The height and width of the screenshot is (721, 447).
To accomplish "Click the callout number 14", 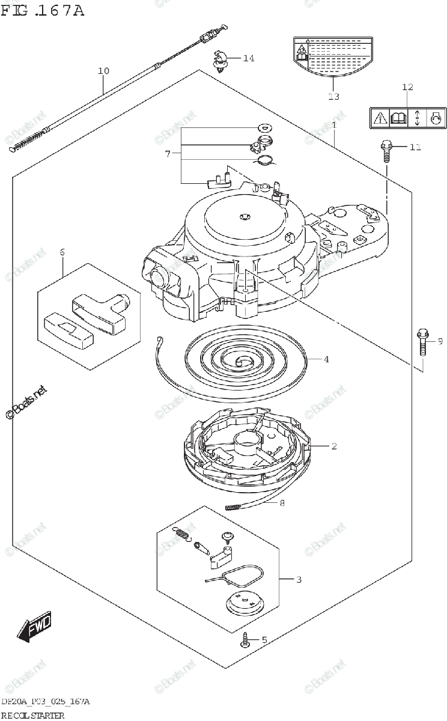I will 249,58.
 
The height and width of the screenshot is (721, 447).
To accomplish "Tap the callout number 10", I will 103,71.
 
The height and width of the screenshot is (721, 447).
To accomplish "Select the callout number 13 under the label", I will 333,96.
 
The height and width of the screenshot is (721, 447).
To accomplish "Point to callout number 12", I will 407,88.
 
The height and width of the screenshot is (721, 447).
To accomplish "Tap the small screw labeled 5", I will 246,639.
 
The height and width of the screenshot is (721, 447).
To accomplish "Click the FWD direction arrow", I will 34,627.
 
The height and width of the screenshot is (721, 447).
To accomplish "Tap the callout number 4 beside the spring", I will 326,360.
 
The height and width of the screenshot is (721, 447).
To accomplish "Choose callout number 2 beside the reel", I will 333,446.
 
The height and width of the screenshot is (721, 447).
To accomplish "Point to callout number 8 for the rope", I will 282,503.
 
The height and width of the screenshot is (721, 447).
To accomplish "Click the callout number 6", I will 62,252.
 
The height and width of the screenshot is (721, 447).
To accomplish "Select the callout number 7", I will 168,154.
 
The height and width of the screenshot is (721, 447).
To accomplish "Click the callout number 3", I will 299,580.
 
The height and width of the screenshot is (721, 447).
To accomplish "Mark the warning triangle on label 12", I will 380,118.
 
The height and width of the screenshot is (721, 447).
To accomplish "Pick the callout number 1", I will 333,125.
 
